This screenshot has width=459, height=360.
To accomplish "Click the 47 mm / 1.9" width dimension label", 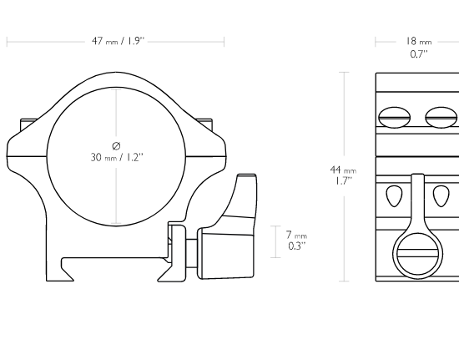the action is pos(119,41).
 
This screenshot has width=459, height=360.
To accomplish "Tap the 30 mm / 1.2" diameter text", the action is pos(117,158).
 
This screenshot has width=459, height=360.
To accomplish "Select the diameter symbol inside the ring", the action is pos(116,145).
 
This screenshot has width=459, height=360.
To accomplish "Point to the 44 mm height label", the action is pos(343,170).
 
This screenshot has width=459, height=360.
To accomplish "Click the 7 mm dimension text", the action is pos(296,235).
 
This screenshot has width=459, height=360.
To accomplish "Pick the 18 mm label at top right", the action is pos(419,41).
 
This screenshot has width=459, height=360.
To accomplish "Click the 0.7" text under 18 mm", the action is pos(419,54).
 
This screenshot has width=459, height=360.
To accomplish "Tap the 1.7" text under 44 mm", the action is pos(343,181).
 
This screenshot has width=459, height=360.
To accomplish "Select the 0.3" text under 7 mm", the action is pos(297,246).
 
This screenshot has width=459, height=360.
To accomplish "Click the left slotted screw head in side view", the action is pos(394,118).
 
